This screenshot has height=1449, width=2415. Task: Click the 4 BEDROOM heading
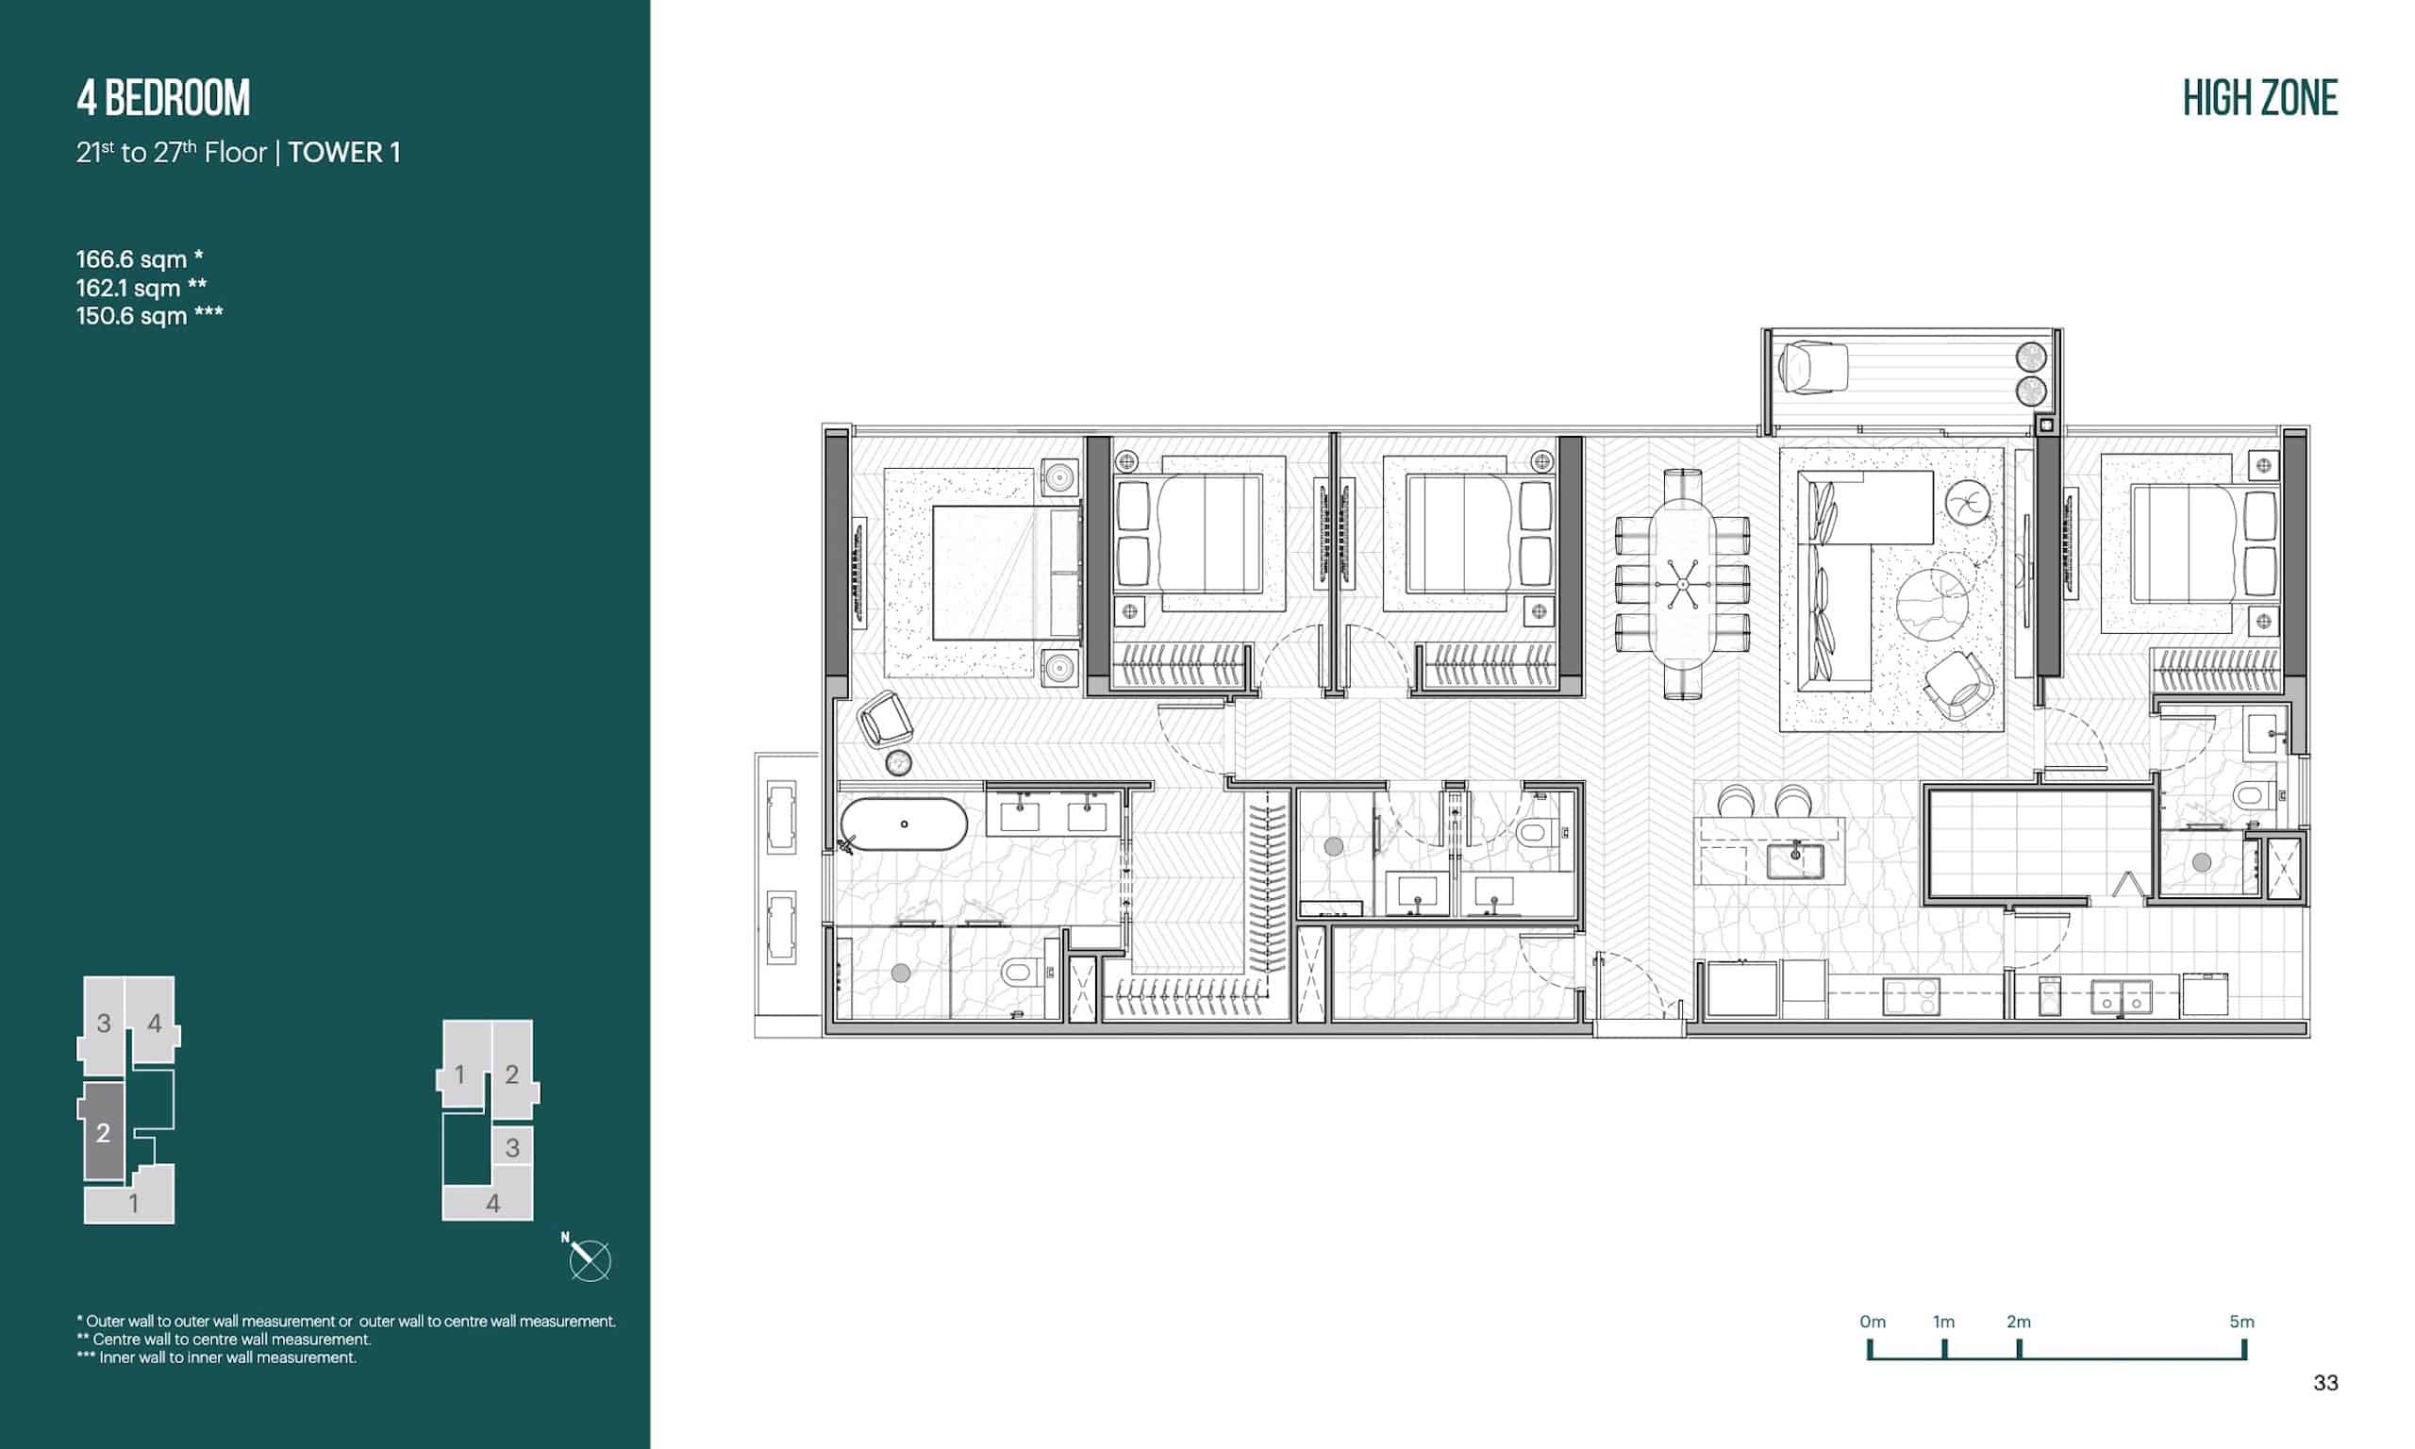[x=163, y=98]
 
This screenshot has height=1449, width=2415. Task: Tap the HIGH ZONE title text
[x=2259, y=98]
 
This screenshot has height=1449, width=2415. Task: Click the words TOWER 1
[x=343, y=152]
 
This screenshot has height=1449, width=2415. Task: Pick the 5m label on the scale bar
[x=2242, y=1321]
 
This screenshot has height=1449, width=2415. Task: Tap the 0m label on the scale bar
[x=1873, y=1321]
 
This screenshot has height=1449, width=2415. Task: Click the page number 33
[x=2325, y=1383]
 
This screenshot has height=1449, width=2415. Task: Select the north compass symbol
[x=589, y=1259]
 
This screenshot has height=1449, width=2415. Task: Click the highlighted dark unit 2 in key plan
[x=103, y=1132]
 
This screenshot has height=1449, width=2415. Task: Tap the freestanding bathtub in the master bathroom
[x=902, y=825]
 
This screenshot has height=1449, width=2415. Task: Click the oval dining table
[x=1682, y=582]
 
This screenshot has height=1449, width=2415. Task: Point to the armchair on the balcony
[x=1813, y=367]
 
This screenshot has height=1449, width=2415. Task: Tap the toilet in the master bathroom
[x=1016, y=972]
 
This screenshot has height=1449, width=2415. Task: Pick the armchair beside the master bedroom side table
[x=884, y=720]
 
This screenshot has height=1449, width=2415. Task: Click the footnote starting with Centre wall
[x=224, y=1340]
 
